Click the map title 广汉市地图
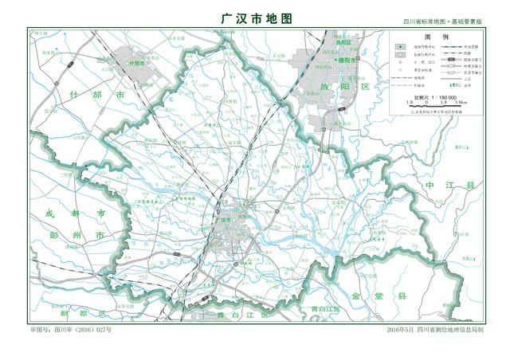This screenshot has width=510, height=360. pyautogui.click(x=255, y=17)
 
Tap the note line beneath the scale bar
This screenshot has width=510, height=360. pyautogui.click(x=436, y=112)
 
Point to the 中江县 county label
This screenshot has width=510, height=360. pyautogui.click(x=450, y=185)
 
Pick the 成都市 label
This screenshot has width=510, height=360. pyautogui.click(x=70, y=214)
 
